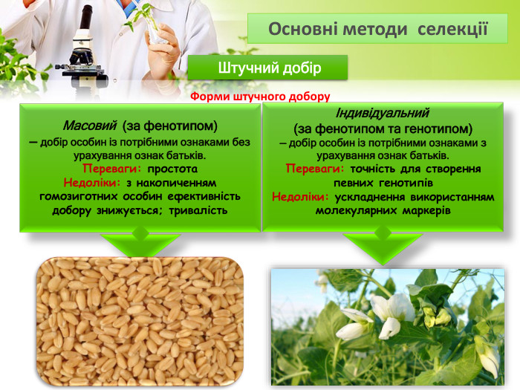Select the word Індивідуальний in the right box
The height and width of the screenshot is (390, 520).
click(383, 114)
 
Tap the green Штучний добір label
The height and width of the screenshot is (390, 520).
click(268, 68)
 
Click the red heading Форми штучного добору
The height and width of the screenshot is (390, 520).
click(260, 97)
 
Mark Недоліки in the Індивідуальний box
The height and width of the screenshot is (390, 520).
click(301, 197)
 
